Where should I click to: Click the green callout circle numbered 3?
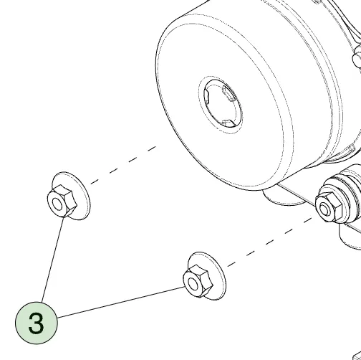[x=37, y=323]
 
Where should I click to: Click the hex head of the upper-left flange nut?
[x=62, y=202]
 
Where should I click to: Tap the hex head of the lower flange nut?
[x=198, y=281]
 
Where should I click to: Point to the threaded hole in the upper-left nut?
[x=57, y=204]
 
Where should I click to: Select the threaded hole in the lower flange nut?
[x=193, y=284]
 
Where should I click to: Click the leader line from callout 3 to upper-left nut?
[x=53, y=260]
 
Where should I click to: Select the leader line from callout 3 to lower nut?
[x=121, y=302]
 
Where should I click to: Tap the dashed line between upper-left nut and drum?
[x=123, y=165]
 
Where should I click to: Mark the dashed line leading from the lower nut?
[x=270, y=242]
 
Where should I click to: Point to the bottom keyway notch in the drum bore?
[x=228, y=123]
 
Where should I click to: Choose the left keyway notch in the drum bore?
[x=206, y=97]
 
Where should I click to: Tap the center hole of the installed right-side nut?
[x=324, y=209]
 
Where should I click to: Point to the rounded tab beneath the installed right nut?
[x=350, y=238]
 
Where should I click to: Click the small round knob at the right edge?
[x=357, y=57]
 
